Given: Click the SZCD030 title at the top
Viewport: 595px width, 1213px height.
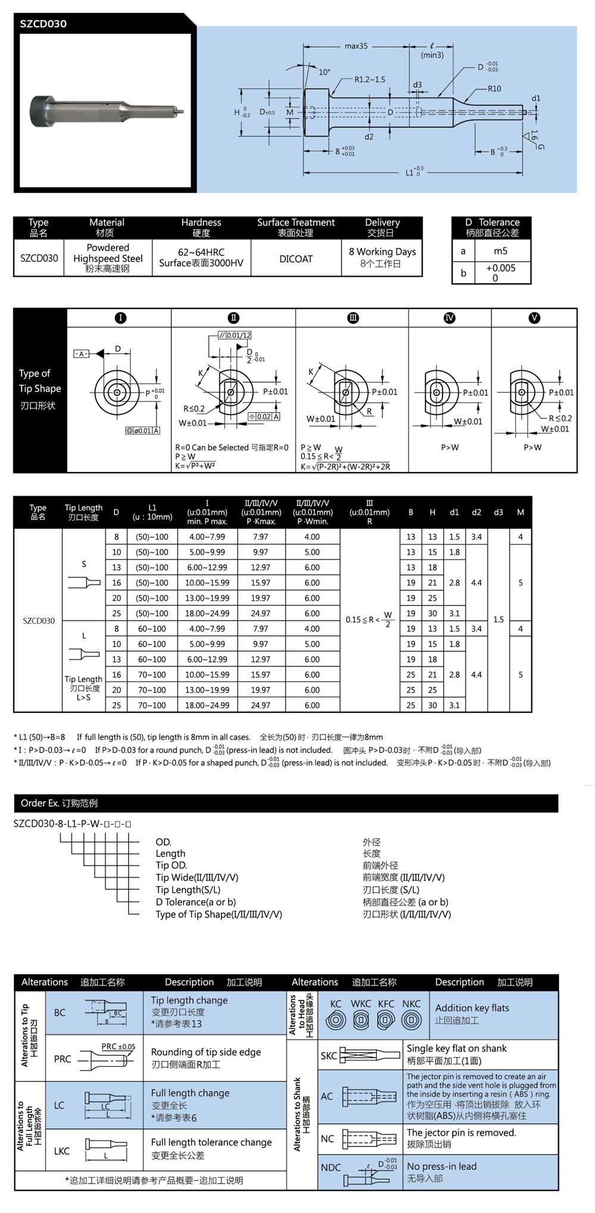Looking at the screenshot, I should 43,24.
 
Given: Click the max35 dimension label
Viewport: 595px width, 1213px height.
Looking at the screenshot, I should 356,46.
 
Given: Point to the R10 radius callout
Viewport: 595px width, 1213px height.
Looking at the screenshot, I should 494,89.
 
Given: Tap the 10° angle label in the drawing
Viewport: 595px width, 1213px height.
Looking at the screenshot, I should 324,72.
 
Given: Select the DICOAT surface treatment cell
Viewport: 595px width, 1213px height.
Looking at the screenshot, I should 296,259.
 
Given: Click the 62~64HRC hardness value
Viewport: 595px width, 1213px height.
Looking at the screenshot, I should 201,252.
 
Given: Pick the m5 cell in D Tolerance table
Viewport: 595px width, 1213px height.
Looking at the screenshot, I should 500,251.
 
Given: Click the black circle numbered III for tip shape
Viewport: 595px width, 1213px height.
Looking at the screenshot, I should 353,318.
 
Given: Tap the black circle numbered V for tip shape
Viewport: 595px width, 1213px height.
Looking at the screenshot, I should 534,318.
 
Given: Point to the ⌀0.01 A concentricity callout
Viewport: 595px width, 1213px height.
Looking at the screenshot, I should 143,430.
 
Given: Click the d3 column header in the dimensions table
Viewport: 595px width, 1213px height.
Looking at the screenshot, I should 499,512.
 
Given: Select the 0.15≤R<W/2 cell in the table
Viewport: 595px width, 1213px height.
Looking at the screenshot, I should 369,620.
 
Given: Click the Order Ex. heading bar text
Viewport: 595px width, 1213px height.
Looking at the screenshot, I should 59,803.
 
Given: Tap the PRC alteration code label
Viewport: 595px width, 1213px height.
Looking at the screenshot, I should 62,1059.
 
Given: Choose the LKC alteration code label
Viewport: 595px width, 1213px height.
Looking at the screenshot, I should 62,1151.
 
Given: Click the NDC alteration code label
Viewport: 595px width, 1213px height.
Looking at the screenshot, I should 331,1167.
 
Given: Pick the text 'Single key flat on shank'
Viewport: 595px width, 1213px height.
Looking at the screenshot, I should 456,1048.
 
